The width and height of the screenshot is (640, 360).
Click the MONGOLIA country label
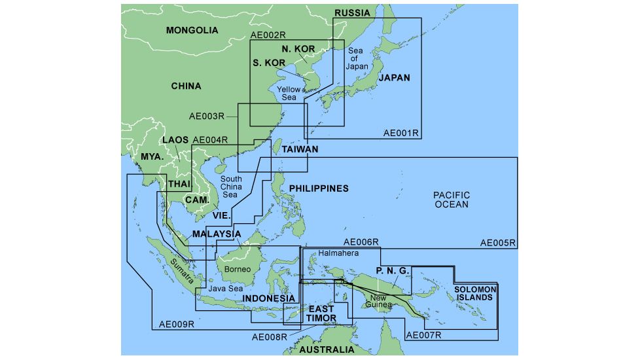(x=191, y=30)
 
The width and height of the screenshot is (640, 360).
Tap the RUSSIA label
(x=352, y=13)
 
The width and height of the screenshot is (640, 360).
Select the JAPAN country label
(x=393, y=78)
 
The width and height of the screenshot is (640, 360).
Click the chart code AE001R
(x=401, y=134)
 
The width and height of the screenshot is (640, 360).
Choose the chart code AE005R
(x=498, y=243)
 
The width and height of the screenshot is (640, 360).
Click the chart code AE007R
(x=424, y=336)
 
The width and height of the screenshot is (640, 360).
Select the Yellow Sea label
(x=289, y=93)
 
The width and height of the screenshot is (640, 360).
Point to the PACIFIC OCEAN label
(x=452, y=200)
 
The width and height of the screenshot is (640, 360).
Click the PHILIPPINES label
(x=319, y=189)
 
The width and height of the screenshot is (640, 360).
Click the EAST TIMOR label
(x=321, y=314)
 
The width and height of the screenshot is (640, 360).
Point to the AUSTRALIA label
(x=327, y=350)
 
